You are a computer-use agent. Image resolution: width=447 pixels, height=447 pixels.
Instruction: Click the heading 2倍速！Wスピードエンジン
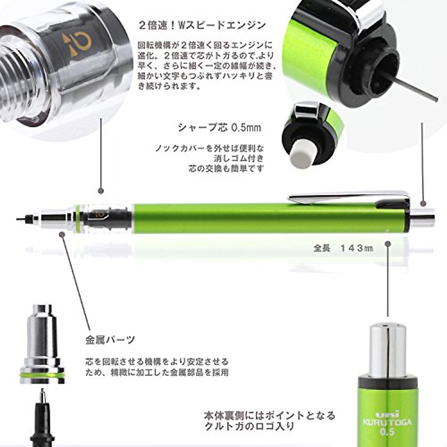tap(202, 25)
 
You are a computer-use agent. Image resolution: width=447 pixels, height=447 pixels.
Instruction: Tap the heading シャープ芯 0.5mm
tap(219, 128)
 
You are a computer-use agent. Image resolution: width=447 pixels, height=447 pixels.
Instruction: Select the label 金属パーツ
tap(110, 340)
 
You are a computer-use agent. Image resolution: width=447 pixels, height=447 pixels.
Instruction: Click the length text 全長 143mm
tap(343, 248)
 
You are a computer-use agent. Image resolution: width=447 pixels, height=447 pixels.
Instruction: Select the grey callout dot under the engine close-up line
tap(100, 191)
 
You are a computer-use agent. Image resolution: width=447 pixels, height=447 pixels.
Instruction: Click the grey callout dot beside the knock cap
tap(423, 204)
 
